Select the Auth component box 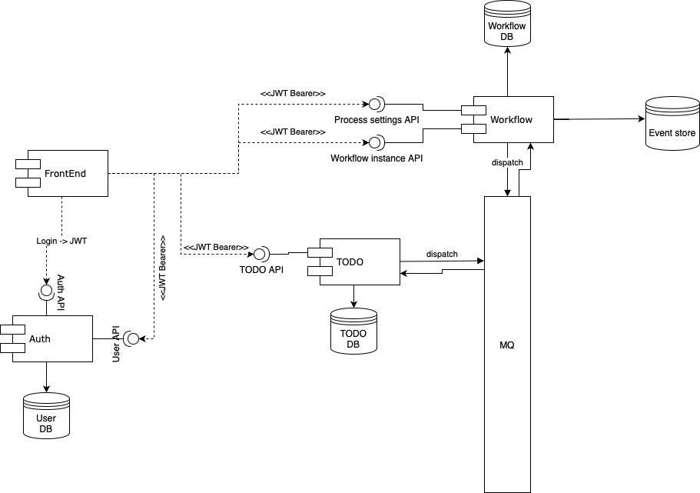point(52,338)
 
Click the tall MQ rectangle point(507,345)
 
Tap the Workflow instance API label point(377,158)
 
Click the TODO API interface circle point(261,252)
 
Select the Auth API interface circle point(46,291)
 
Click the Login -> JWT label point(61,241)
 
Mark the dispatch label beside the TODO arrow point(442,254)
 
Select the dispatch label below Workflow point(507,162)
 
